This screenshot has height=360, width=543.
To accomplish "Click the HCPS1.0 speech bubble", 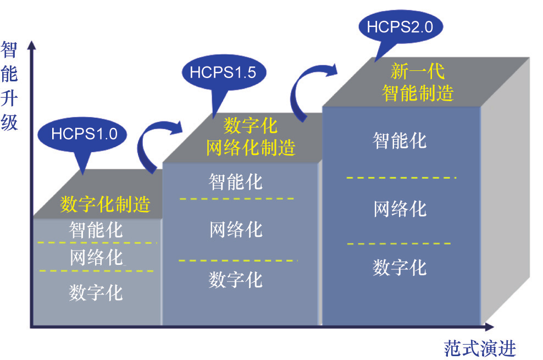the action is tap(84, 133).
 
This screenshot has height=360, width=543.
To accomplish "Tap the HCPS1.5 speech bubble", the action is tap(223, 72).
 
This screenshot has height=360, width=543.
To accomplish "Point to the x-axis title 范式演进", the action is tap(480, 347).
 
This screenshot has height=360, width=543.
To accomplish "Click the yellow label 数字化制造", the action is tap(106, 204).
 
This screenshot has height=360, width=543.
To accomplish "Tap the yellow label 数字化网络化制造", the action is tap(251, 137).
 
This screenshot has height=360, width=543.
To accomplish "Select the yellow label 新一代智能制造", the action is tap(418, 82).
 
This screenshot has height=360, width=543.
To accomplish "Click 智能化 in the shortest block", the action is tap(96, 229).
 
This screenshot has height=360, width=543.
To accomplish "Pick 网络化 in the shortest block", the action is tap(96, 257).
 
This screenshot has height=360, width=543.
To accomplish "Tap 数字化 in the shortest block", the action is tap(96, 292).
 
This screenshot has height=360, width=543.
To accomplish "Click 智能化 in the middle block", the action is tap(236, 181).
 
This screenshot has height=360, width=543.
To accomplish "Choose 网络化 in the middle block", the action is tap(236, 229).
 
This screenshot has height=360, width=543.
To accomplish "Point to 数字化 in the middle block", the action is tap(236, 279).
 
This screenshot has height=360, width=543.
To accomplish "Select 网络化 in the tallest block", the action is tap(400, 209).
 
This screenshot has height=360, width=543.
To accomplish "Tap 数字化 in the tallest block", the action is tap(400, 268).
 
